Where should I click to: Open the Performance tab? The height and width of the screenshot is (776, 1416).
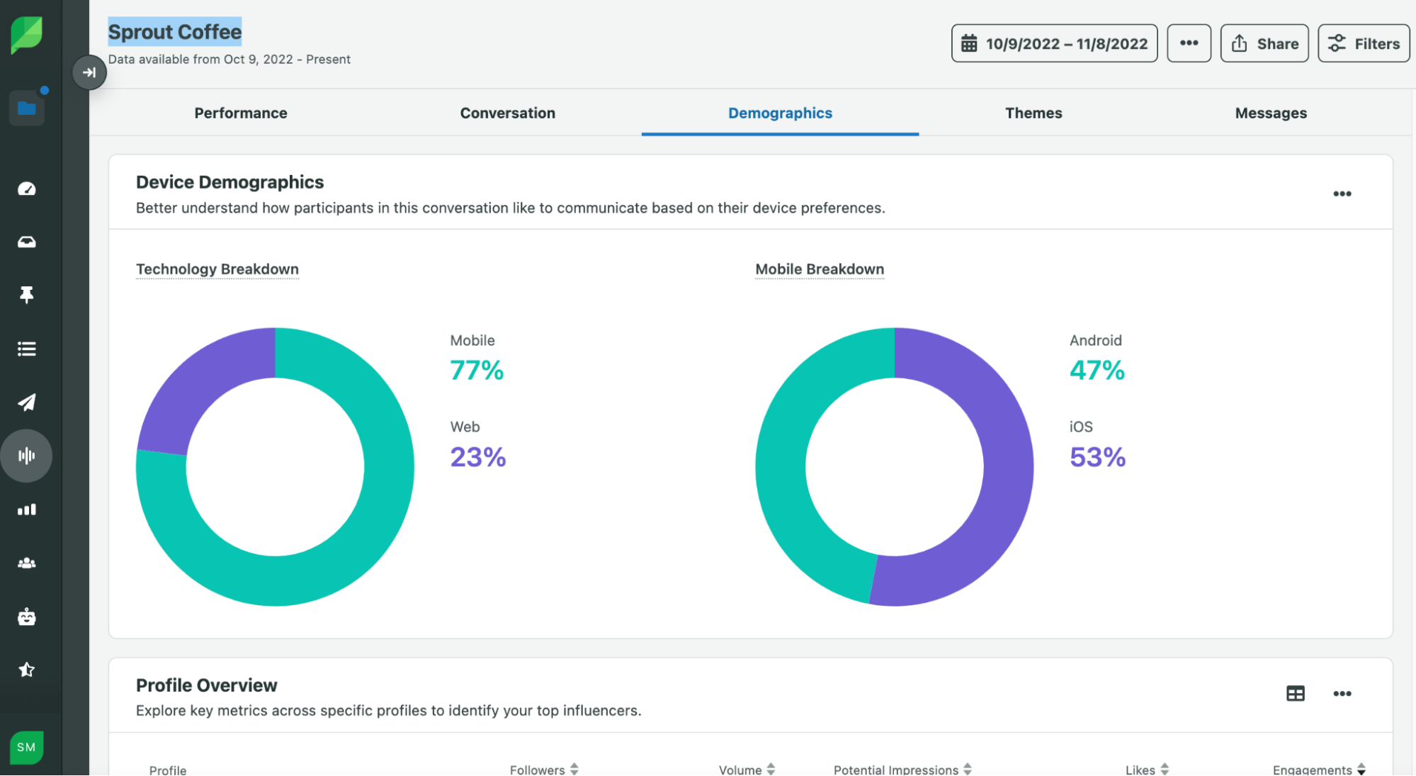tap(241, 113)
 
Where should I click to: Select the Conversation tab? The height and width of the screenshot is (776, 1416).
tap(507, 113)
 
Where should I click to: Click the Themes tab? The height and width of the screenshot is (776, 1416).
tap(1033, 113)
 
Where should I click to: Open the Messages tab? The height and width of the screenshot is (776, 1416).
tap(1270, 113)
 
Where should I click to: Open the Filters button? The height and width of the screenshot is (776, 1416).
tap(1363, 44)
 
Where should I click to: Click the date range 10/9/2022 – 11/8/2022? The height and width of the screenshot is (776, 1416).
tap(1054, 44)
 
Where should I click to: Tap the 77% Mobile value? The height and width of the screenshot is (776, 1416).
tap(477, 371)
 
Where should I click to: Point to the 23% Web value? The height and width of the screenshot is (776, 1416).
tap(478, 457)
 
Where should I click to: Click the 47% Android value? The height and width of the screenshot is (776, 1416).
tap(1097, 371)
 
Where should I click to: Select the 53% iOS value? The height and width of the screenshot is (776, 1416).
tap(1097, 457)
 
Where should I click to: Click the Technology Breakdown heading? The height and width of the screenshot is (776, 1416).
tap(217, 269)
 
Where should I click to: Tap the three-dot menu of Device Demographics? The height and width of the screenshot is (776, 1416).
tap(1342, 194)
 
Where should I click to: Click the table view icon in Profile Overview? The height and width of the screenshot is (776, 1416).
tap(1295, 694)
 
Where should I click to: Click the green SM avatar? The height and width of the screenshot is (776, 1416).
tap(27, 748)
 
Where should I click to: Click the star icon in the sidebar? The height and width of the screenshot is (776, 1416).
tap(27, 670)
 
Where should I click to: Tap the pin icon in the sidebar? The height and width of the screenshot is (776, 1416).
tap(27, 295)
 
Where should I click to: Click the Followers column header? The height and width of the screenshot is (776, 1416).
tap(538, 770)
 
